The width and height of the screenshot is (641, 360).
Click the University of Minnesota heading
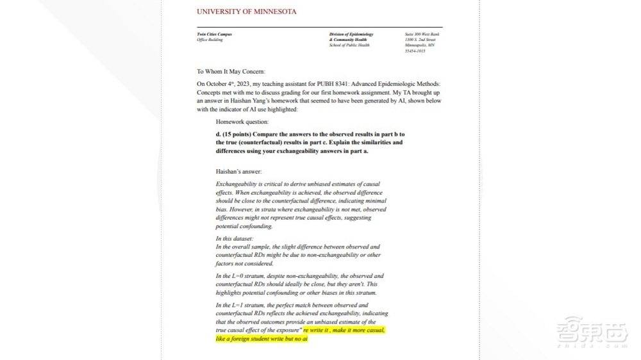[x=246, y=12]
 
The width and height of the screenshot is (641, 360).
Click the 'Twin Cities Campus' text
[x=214, y=34]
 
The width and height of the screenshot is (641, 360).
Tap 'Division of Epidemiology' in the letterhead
[x=351, y=34]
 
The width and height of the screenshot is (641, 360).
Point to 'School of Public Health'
[x=349, y=45]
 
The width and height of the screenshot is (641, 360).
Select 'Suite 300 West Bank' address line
[x=423, y=34]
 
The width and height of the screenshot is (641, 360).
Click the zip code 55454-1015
[x=415, y=51]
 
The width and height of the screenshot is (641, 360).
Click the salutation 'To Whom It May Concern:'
[x=230, y=71]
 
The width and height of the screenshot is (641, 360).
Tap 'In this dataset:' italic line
[x=235, y=238]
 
